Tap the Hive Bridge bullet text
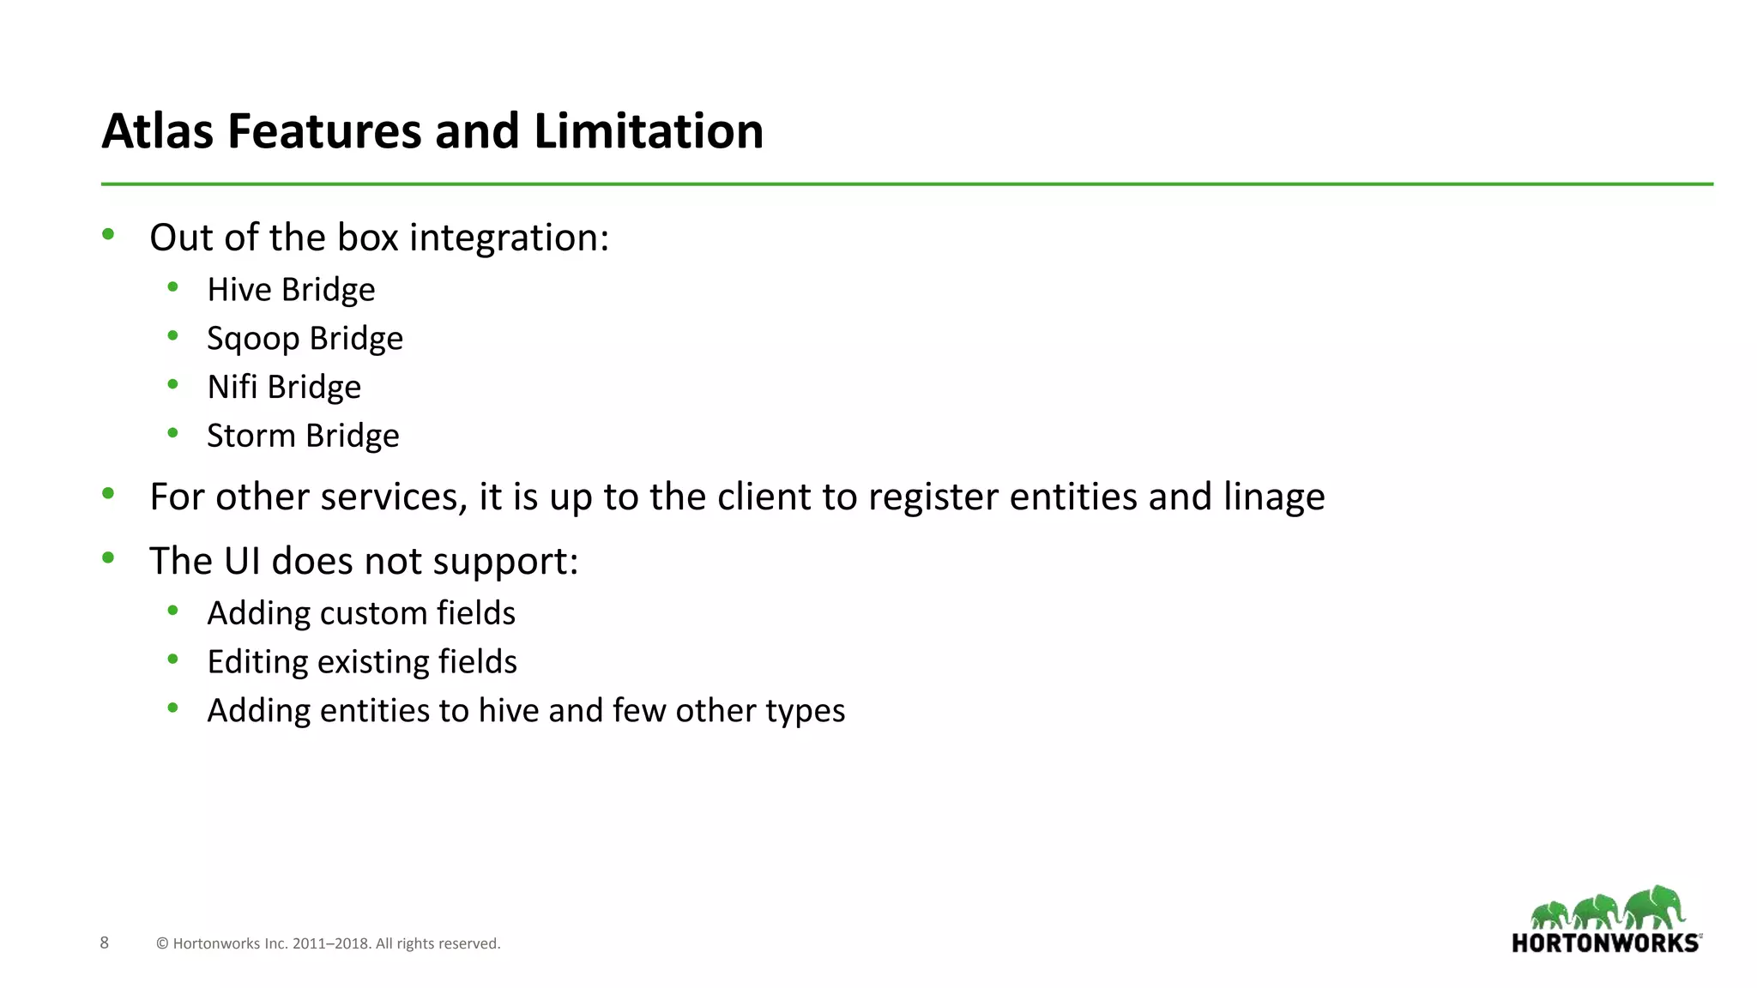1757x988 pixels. (x=291, y=290)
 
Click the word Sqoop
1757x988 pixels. (x=253, y=340)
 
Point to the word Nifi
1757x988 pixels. (x=232, y=387)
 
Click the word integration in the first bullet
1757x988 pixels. (x=509, y=238)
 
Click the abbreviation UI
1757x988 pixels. (x=241, y=561)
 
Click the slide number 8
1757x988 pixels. (x=105, y=943)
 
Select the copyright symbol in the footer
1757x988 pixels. (x=162, y=943)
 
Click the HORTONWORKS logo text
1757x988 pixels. (x=1605, y=943)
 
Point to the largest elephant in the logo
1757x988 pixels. (x=1654, y=907)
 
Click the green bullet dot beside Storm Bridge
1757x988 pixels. (x=173, y=433)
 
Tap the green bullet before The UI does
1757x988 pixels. (x=108, y=558)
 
